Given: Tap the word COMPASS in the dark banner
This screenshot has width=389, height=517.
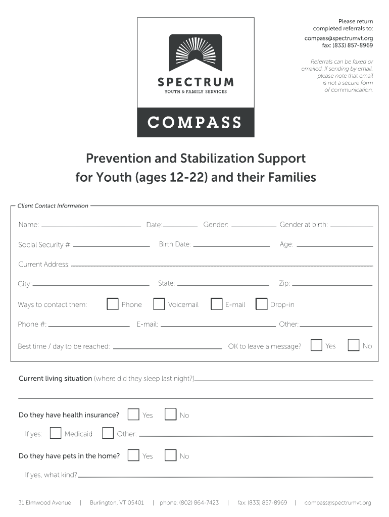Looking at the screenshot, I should tap(195, 123).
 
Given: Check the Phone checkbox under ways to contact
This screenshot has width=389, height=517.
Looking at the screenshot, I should tap(113, 304).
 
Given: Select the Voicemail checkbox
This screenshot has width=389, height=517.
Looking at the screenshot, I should tap(159, 304).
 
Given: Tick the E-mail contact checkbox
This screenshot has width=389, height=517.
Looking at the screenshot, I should tap(216, 304).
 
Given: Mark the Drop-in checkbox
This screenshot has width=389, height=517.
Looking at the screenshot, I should tap(262, 304).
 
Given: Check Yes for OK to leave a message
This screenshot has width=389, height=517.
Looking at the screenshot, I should tap(317, 345).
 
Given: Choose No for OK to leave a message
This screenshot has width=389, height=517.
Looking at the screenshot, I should tap(354, 345).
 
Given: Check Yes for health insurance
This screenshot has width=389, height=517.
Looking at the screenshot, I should tap(133, 415).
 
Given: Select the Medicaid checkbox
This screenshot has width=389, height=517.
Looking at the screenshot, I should tap(56, 433).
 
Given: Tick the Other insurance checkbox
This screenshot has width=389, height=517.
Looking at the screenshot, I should tap(108, 433).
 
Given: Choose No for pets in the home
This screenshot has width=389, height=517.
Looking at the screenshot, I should tap(171, 455).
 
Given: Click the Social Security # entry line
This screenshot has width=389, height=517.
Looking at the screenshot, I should tap(111, 245).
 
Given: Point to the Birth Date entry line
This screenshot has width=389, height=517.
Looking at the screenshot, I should tap(231, 245).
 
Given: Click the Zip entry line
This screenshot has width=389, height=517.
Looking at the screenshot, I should tap(332, 284).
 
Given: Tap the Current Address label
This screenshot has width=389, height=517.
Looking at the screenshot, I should tap(44, 265).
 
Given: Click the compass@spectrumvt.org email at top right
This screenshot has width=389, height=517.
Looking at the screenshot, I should tap(338, 38).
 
